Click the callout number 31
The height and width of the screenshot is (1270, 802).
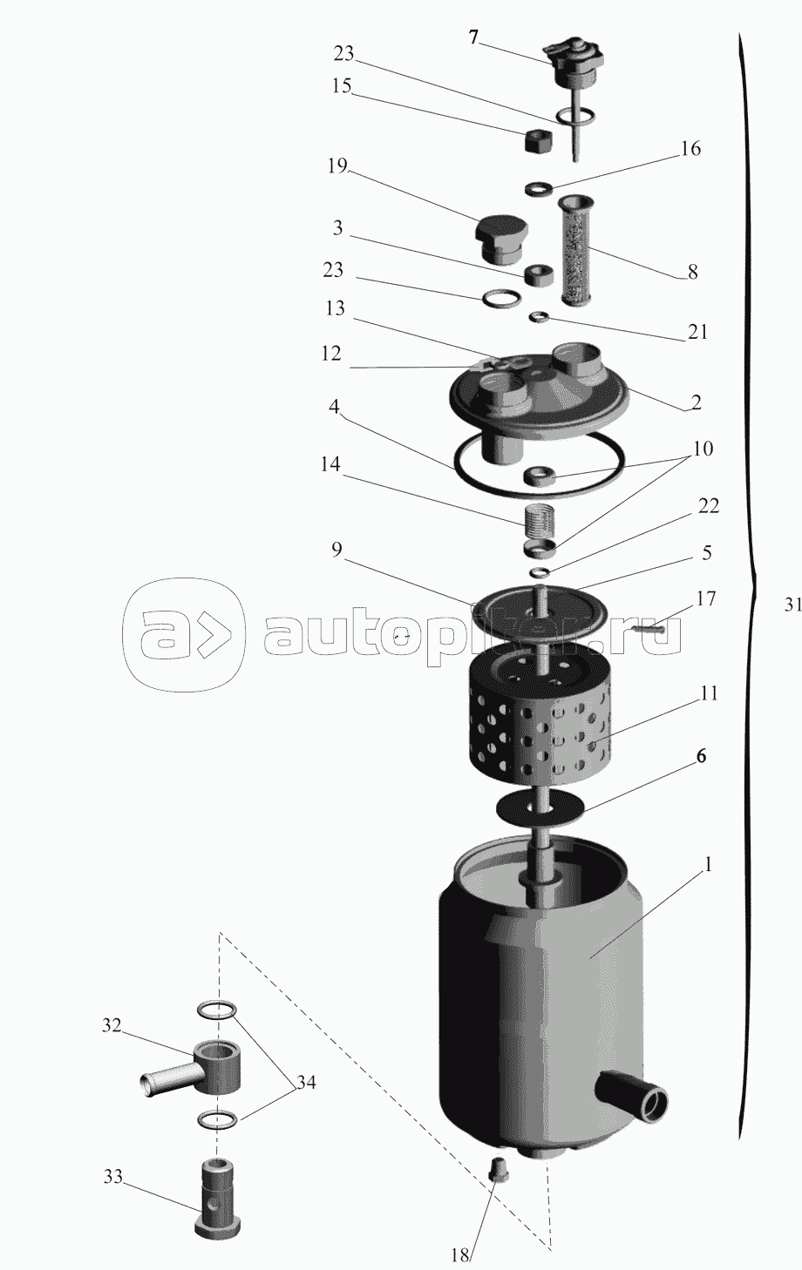click(x=792, y=605)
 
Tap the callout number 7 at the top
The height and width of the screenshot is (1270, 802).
click(x=473, y=38)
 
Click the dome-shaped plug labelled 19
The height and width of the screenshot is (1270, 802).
click(x=500, y=239)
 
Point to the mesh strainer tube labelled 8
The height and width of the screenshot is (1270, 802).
click(x=576, y=249)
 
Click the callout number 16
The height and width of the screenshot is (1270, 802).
click(x=690, y=149)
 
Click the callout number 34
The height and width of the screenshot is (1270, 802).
click(x=305, y=1082)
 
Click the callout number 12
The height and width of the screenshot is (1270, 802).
click(x=331, y=354)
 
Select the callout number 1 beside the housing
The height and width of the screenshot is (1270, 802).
click(x=708, y=865)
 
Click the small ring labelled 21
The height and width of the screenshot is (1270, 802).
click(x=539, y=316)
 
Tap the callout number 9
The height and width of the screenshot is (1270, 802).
click(x=337, y=550)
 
